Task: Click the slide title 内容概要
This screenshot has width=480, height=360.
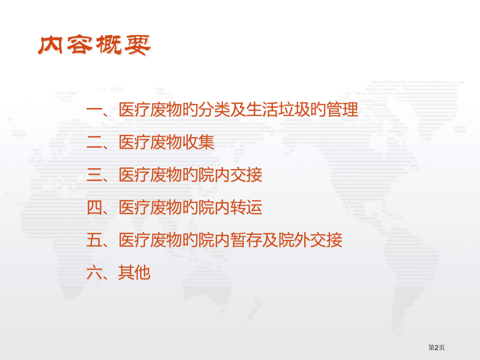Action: click(x=94, y=46)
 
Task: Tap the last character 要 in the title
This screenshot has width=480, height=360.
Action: click(x=136, y=46)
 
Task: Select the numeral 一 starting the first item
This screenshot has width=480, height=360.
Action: click(x=94, y=110)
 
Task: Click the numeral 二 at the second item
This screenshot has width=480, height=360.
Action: click(x=94, y=142)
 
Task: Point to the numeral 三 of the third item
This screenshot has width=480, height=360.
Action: click(x=94, y=175)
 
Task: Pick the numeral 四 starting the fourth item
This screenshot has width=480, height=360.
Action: click(x=94, y=208)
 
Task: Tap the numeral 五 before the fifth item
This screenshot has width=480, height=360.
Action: click(x=94, y=240)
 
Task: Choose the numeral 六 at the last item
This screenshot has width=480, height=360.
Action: click(x=94, y=272)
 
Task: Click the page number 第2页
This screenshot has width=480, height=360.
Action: click(x=437, y=347)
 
